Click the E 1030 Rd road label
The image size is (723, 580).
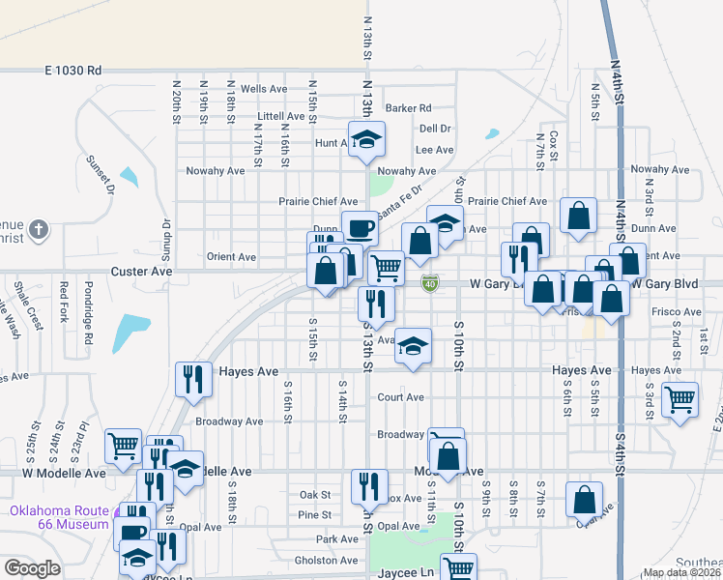tap(72, 71)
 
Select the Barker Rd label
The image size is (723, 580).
tap(408, 108)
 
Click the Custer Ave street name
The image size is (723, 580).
tap(141, 273)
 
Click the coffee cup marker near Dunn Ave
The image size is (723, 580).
tap(360, 228)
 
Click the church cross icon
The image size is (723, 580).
tap(38, 230)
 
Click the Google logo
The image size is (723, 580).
tap(32, 567)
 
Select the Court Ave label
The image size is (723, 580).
tap(400, 397)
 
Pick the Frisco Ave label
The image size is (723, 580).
tap(676, 312)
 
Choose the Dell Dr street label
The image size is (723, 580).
tap(435, 129)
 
